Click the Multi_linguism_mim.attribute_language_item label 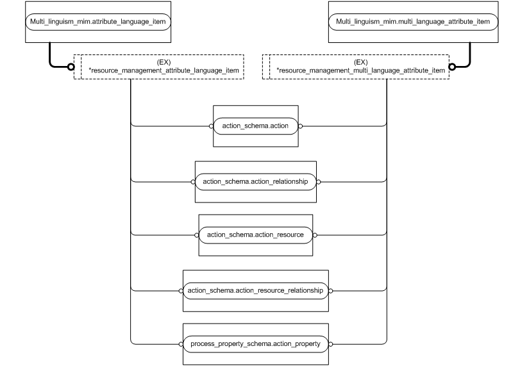[x=98, y=22]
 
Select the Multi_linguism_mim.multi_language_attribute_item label [x=413, y=22]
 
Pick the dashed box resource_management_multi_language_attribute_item [x=360, y=67]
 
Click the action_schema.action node [x=255, y=126]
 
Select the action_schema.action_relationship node [x=255, y=182]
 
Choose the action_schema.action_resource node [x=255, y=235]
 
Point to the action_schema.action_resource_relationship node [x=255, y=290]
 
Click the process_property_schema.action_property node [x=255, y=344]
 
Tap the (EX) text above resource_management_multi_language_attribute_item [x=361, y=62]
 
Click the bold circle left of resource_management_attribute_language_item [x=71, y=67]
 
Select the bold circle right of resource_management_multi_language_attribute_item [x=452, y=67]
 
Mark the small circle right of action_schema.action [x=300, y=126]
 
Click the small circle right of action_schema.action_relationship [x=319, y=182]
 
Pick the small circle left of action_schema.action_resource [x=197, y=235]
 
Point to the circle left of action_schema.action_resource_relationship [x=181, y=290]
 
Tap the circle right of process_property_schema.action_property [x=330, y=344]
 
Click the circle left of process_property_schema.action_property [x=181, y=344]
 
